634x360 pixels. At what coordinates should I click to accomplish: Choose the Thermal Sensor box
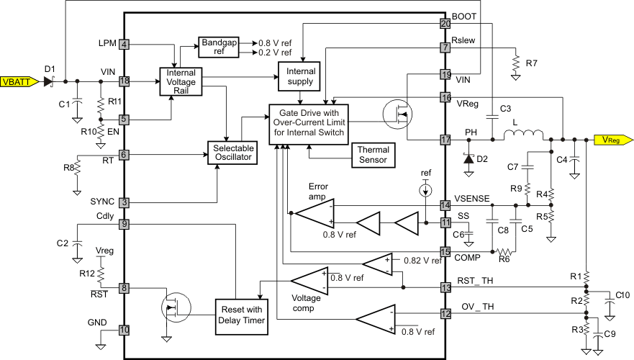tap(373, 154)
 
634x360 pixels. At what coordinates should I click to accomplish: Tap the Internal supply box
tap(301, 76)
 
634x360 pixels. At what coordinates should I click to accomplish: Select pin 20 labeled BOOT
tap(445, 24)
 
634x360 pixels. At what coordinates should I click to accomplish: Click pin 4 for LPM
tap(124, 45)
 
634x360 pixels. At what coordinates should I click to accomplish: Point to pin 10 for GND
tap(124, 330)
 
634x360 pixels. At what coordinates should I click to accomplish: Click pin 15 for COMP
tap(445, 251)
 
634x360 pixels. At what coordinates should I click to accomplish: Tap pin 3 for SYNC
tap(124, 203)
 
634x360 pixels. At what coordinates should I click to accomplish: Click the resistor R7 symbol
tap(515, 63)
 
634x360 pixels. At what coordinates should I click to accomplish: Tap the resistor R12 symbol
tap(102, 275)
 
